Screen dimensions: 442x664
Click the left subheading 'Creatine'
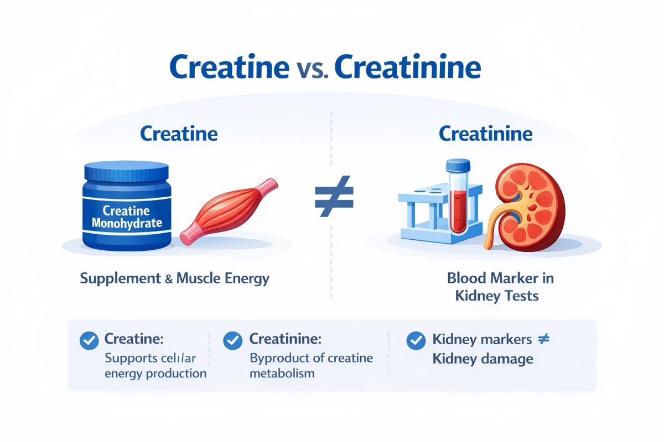[179, 134]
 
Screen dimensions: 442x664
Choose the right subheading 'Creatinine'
[485, 134]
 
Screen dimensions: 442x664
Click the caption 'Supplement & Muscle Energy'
[174, 278]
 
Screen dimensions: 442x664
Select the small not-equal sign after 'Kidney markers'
[543, 339]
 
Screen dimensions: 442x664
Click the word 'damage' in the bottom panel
[507, 359]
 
